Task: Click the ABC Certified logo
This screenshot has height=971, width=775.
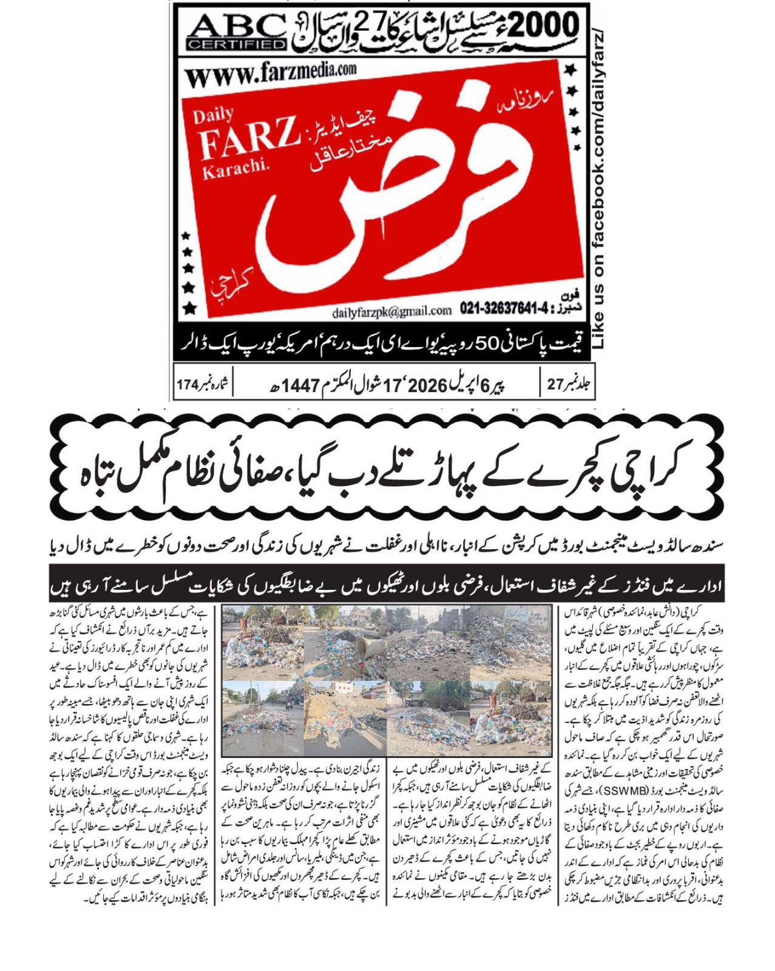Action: tap(236, 32)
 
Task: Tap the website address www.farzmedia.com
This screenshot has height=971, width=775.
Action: tap(270, 74)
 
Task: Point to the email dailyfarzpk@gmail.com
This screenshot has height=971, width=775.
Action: tap(391, 311)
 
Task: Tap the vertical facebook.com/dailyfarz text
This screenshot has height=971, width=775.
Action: tap(598, 188)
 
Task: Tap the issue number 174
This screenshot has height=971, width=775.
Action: tap(188, 385)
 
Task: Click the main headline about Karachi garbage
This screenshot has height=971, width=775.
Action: tap(387, 469)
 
